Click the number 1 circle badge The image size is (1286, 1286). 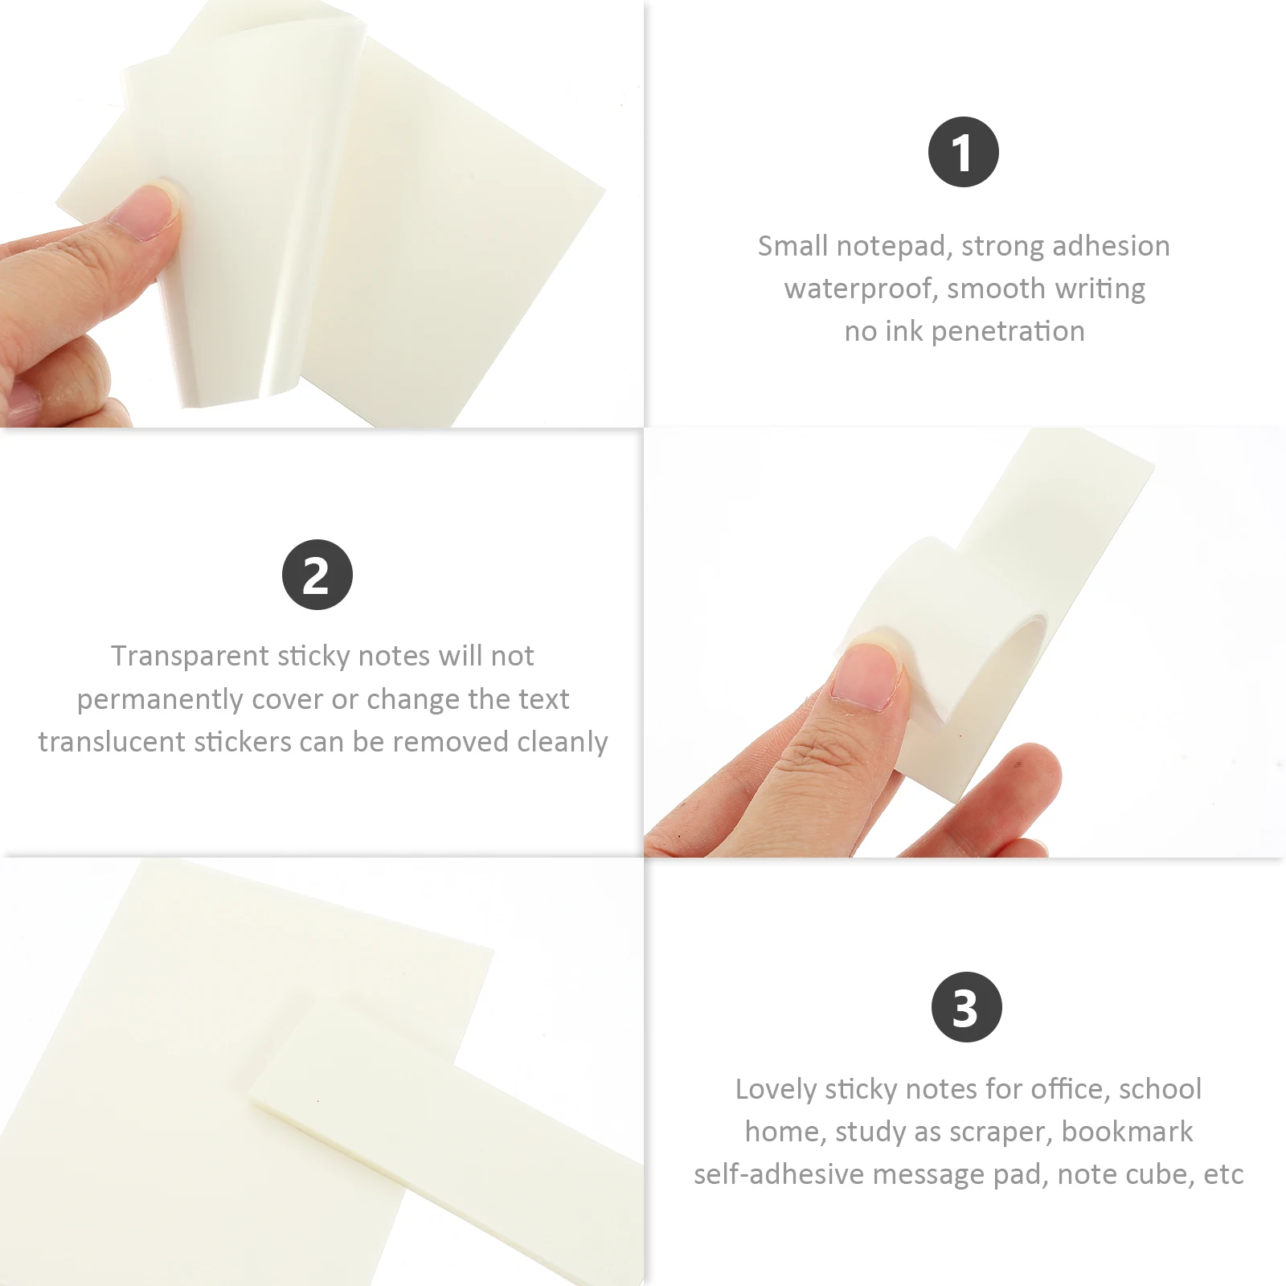[x=963, y=152]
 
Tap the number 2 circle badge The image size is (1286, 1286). [x=317, y=575]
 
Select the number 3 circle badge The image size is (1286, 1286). [x=966, y=1007]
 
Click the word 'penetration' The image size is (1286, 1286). [x=1008, y=331]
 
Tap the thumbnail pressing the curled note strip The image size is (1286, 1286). [x=868, y=676]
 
